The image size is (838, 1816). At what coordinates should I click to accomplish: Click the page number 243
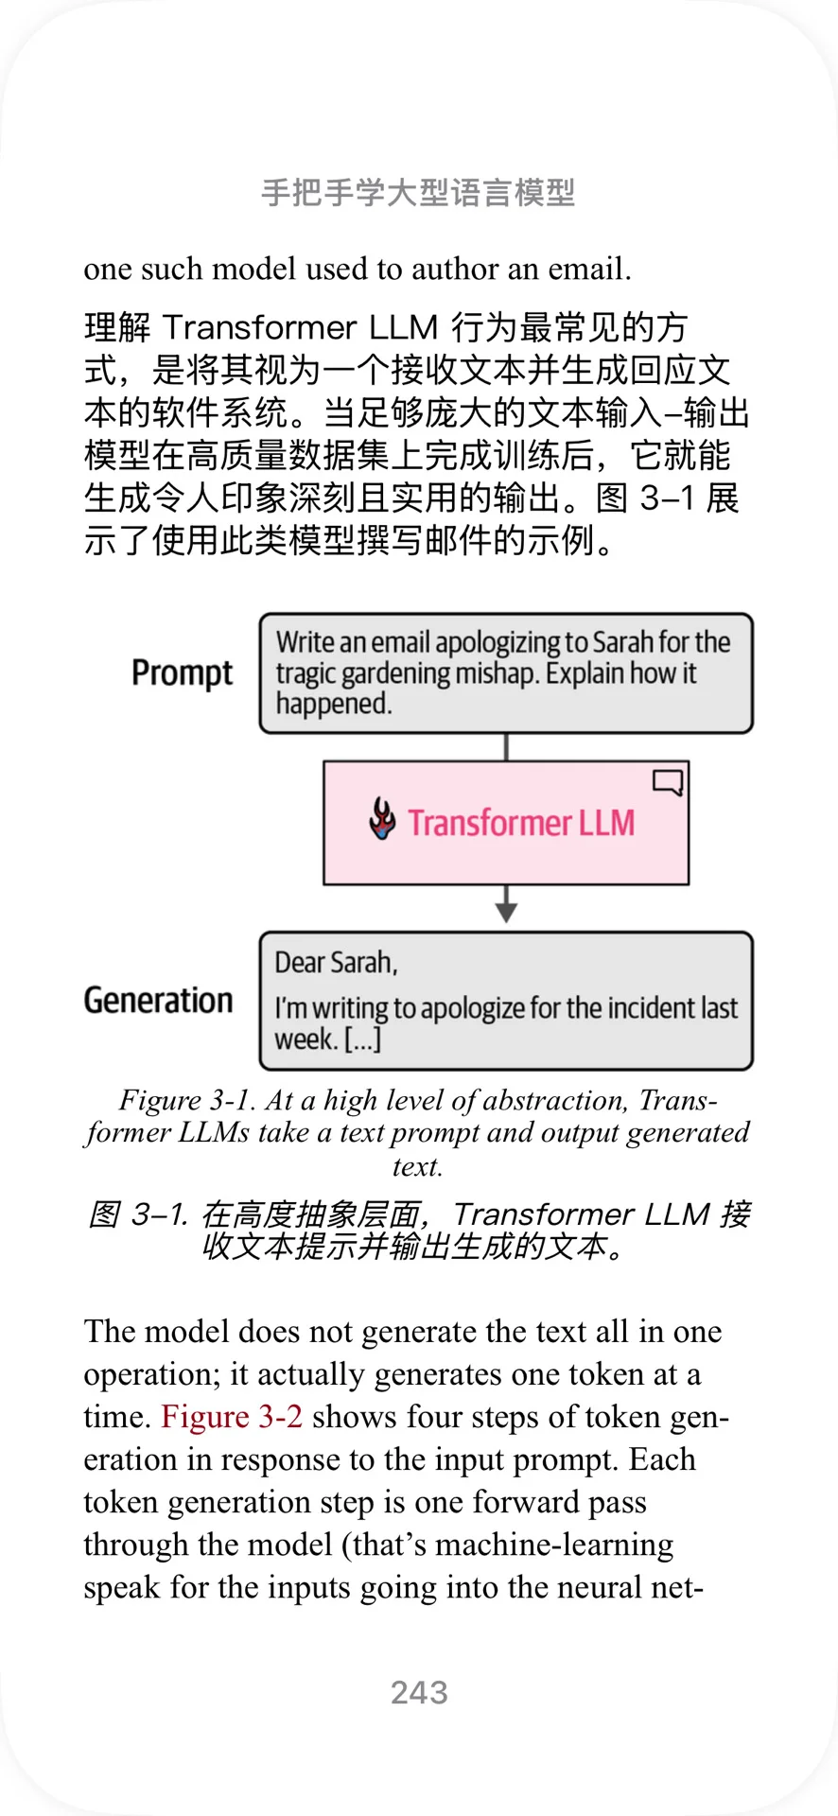click(x=419, y=1692)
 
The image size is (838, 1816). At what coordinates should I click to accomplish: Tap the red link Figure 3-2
click(x=232, y=1417)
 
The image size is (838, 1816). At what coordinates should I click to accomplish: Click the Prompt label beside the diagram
click(x=182, y=672)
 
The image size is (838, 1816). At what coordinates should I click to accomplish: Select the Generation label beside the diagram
click(x=158, y=1000)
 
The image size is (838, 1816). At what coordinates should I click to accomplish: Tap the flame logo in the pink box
click(x=382, y=819)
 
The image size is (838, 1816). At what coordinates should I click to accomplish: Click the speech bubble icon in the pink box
click(x=668, y=782)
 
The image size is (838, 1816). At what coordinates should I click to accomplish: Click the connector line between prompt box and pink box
click(x=506, y=746)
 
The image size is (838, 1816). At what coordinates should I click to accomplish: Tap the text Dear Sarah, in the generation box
click(x=336, y=963)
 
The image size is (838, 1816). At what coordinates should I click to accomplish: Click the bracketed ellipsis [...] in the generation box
click(x=362, y=1039)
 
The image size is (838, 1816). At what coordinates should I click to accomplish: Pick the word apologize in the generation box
click(x=473, y=1008)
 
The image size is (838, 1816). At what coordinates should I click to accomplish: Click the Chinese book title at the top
click(x=418, y=193)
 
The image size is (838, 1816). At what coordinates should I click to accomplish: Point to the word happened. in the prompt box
click(x=334, y=704)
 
